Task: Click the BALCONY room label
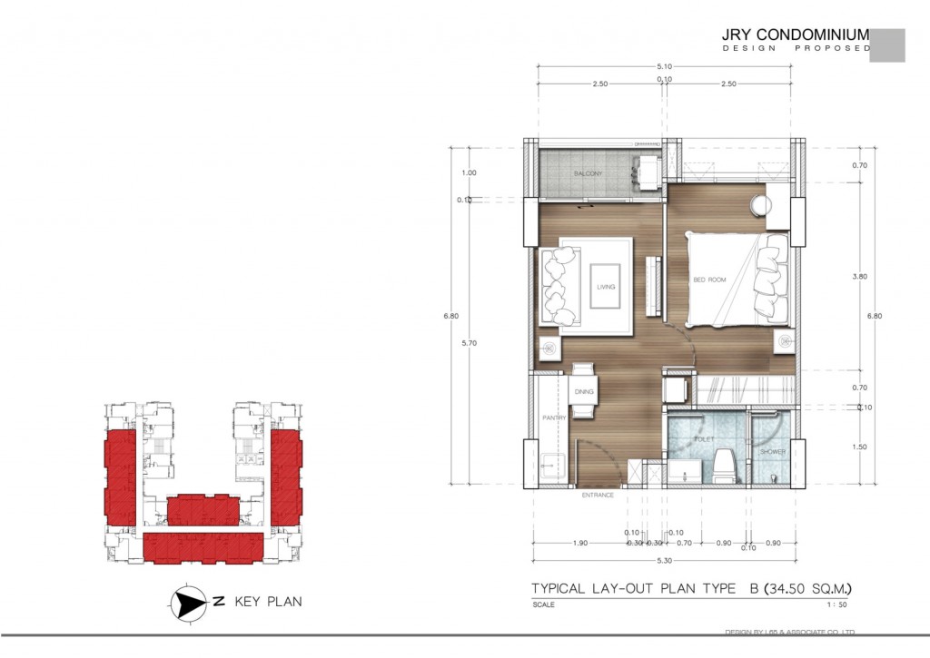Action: click(x=589, y=173)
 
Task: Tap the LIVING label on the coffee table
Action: click(x=606, y=287)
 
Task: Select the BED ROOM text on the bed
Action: click(x=710, y=280)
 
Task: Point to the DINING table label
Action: click(x=583, y=392)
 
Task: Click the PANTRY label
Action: click(x=554, y=417)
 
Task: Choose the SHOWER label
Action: click(x=773, y=451)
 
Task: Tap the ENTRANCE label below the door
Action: click(x=598, y=496)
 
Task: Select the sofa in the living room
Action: click(x=558, y=287)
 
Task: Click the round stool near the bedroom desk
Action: click(x=759, y=206)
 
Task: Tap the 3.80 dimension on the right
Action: click(x=860, y=276)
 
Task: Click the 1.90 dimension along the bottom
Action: click(x=581, y=543)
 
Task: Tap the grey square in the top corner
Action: click(x=887, y=45)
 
